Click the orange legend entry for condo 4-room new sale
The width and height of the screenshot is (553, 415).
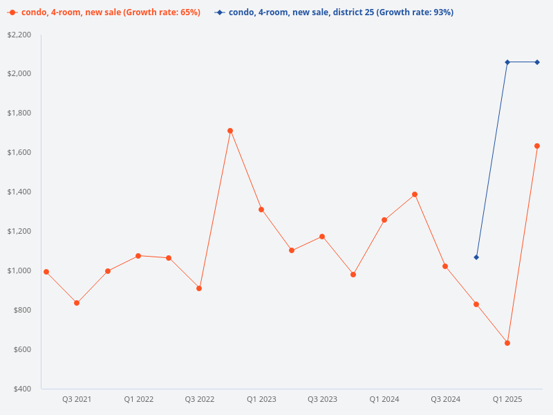pyautogui.click(x=104, y=12)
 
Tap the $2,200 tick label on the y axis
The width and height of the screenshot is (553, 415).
pyautogui.click(x=19, y=35)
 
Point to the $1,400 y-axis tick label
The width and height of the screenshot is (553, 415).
pyautogui.click(x=19, y=192)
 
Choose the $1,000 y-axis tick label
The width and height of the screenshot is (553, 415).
pyautogui.click(x=19, y=270)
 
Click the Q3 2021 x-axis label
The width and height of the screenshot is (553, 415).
pyautogui.click(x=77, y=399)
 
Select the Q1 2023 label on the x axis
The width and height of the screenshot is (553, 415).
pyautogui.click(x=261, y=399)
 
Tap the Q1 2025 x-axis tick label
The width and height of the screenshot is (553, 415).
pyautogui.click(x=507, y=399)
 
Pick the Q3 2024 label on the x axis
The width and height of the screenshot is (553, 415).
pyautogui.click(x=446, y=399)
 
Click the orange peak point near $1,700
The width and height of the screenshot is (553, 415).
pyautogui.click(x=230, y=131)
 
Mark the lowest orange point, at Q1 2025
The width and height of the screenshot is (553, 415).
pyautogui.click(x=507, y=343)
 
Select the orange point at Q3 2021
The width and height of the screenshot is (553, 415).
pyautogui.click(x=77, y=303)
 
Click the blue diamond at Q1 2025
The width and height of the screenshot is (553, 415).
pyautogui.click(x=507, y=62)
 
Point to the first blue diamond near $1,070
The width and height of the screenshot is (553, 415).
pyautogui.click(x=476, y=257)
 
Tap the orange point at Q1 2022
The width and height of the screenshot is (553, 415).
pyautogui.click(x=138, y=256)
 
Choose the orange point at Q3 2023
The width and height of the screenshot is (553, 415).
pyautogui.click(x=322, y=237)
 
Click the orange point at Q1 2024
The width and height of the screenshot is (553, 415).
pyautogui.click(x=384, y=220)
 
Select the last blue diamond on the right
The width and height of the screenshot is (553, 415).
pyautogui.click(x=537, y=62)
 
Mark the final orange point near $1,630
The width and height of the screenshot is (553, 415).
pyautogui.click(x=537, y=146)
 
